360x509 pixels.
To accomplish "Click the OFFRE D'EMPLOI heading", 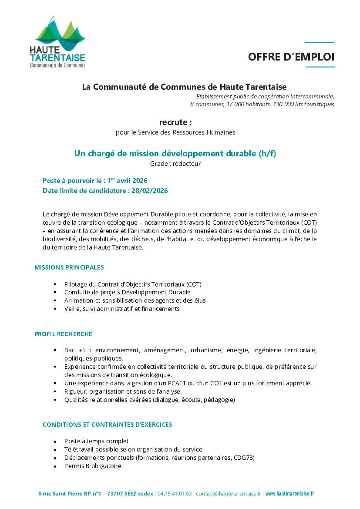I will click(x=291, y=57).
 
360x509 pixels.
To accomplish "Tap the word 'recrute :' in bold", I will click(x=175, y=122).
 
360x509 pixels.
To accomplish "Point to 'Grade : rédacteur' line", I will click(x=175, y=164).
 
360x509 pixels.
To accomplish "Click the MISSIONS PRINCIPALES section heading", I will click(x=69, y=267).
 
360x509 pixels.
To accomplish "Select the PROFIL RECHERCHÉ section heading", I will click(x=63, y=334).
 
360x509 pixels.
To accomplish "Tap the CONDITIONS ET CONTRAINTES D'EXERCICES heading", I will click(x=107, y=425).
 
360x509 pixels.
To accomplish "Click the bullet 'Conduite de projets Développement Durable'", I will click(x=127, y=292).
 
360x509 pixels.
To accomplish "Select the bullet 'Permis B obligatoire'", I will click(x=93, y=466).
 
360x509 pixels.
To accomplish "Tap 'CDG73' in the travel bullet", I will click(x=244, y=458).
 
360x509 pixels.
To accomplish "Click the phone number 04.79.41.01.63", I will click(x=175, y=494).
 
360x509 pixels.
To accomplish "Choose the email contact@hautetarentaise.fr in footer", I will click(x=229, y=494).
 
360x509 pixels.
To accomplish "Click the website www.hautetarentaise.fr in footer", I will click(x=289, y=494).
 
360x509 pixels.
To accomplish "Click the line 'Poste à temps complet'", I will click(x=96, y=441).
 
